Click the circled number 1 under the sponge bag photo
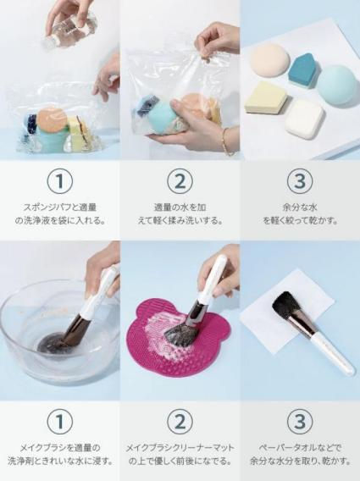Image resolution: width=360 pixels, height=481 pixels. click(x=58, y=180)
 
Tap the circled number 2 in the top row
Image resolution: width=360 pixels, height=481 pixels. click(x=180, y=180)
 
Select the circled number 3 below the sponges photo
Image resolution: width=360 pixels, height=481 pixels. click(x=300, y=180)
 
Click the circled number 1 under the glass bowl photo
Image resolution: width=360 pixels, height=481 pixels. click(x=58, y=421)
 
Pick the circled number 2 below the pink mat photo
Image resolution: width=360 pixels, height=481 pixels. click(x=180, y=421)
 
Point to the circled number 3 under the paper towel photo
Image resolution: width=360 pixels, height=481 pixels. click(x=300, y=421)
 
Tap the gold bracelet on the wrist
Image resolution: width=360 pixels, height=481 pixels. click(x=226, y=141)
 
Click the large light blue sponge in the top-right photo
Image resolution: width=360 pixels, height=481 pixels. click(x=338, y=84)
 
